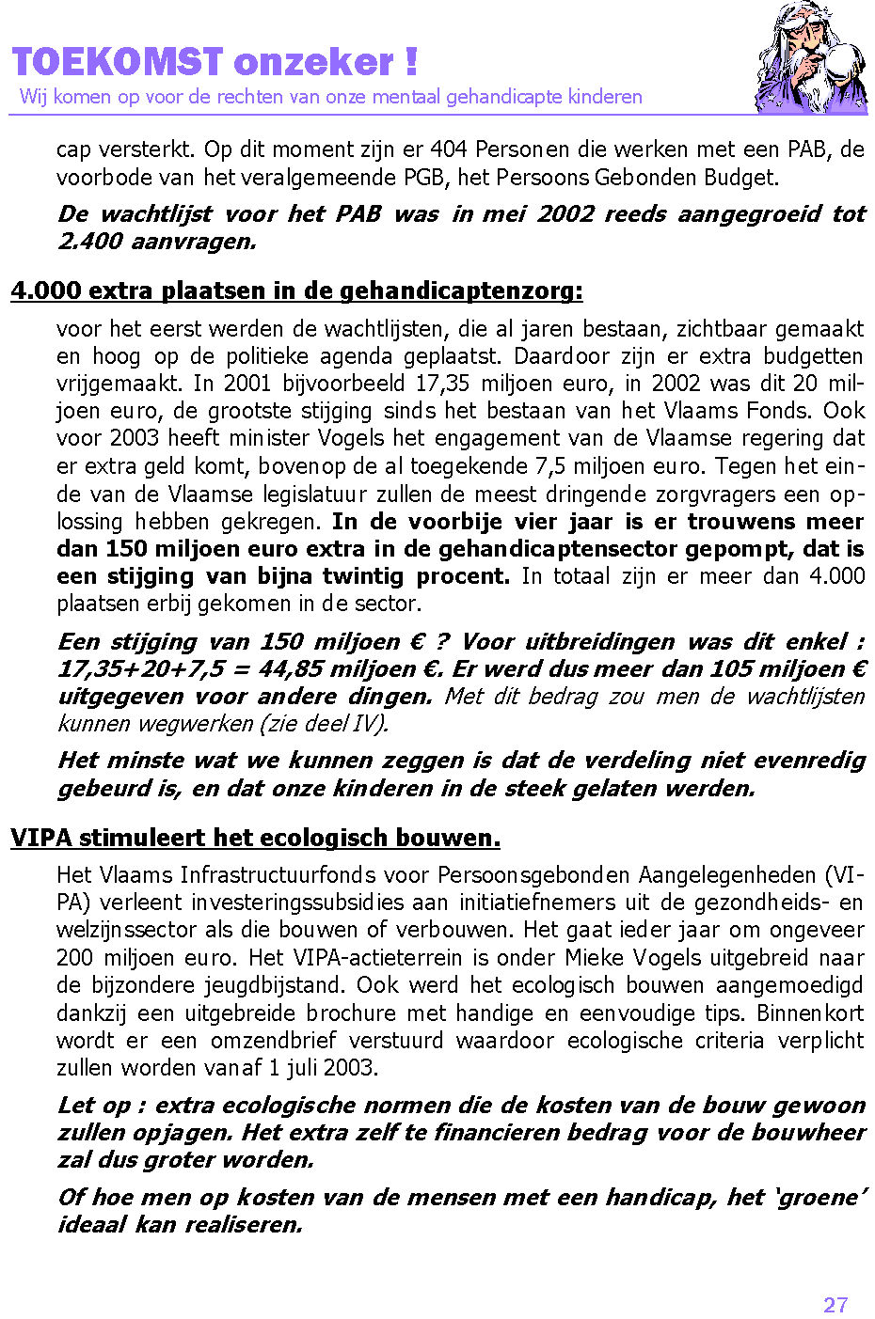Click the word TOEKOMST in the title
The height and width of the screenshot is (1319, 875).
point(118,62)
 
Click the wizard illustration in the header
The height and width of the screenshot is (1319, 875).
point(810,58)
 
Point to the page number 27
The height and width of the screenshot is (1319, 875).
point(835,1305)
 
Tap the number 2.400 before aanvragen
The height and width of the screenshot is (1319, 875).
point(89,242)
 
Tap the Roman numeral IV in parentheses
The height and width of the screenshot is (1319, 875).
point(369,724)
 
